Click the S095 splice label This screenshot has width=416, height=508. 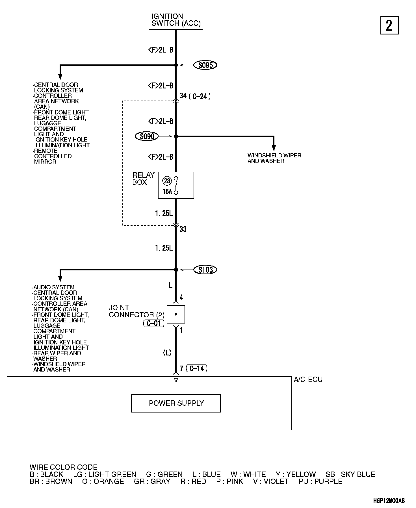tap(205, 65)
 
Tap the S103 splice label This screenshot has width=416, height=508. tap(205, 270)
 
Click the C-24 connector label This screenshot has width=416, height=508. tap(200, 97)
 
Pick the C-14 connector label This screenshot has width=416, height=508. tap(197, 368)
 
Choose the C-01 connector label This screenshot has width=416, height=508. tap(154, 323)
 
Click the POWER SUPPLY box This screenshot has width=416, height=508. tap(176, 403)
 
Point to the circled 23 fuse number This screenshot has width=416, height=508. tap(167, 181)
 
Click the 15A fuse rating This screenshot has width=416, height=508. tap(167, 192)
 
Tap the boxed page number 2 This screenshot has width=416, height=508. tap(389, 26)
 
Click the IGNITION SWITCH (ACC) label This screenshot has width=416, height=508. tap(176, 20)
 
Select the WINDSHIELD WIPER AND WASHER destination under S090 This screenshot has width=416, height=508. tap(274, 158)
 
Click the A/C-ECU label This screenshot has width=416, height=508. tap(308, 379)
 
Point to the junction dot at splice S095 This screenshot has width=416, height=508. tap(176, 65)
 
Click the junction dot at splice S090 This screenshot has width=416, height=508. tap(176, 136)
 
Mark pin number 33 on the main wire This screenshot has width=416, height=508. tap(183, 229)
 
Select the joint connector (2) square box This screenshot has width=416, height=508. tap(176, 314)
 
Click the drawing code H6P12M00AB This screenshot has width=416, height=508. tap(389, 501)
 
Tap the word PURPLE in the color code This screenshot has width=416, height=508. tap(328, 481)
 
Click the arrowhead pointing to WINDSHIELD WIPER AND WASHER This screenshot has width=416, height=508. tap(274, 148)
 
